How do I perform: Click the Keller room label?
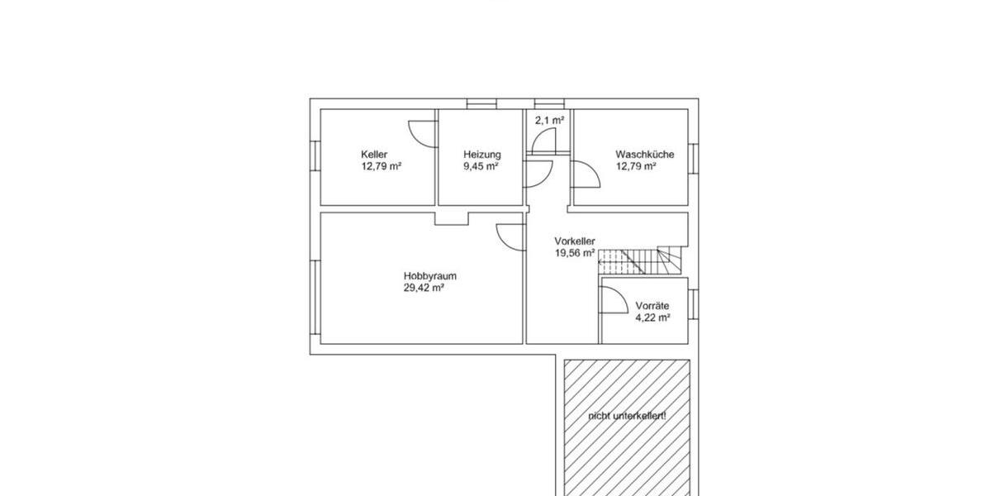(x=373, y=154)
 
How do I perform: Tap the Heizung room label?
(x=481, y=154)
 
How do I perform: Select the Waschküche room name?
(x=644, y=154)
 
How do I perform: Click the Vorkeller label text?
(x=574, y=241)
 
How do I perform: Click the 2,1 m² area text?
(x=549, y=121)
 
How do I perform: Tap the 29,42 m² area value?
(x=424, y=289)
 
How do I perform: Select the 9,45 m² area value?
(x=481, y=166)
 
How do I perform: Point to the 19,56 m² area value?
(x=575, y=254)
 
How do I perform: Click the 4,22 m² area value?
(x=652, y=317)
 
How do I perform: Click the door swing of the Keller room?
(x=421, y=133)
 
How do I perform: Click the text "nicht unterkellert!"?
(x=627, y=416)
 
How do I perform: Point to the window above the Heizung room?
(x=480, y=103)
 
